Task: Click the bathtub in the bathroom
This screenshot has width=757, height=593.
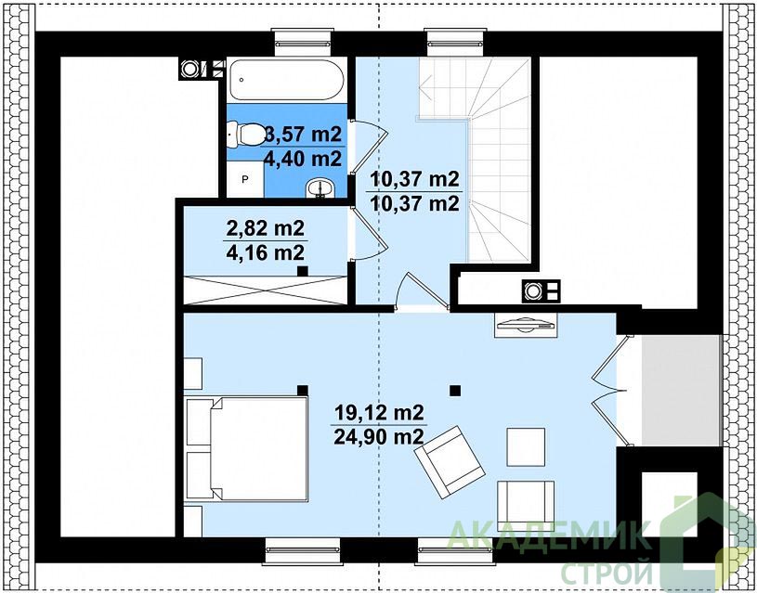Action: pyautogui.click(x=287, y=80)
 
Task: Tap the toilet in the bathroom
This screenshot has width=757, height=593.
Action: pyautogui.click(x=246, y=135)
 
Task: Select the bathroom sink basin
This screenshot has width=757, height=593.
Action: pyautogui.click(x=320, y=187)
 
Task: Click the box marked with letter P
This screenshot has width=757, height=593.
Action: pyautogui.click(x=245, y=179)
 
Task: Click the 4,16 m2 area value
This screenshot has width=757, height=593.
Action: pyautogui.click(x=265, y=251)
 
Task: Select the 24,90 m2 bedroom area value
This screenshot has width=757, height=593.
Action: pyautogui.click(x=379, y=437)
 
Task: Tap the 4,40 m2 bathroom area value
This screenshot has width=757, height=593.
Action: pyautogui.click(x=303, y=158)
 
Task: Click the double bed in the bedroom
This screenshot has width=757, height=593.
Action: pyautogui.click(x=247, y=449)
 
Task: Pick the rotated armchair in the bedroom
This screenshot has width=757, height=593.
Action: pyautogui.click(x=450, y=462)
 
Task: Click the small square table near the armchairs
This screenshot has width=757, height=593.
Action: pyautogui.click(x=526, y=446)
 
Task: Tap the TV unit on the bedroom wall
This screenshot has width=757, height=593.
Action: pyautogui.click(x=526, y=323)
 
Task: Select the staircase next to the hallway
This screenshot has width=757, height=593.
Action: pyautogui.click(x=483, y=160)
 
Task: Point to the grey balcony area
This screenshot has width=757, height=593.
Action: pyautogui.click(x=682, y=391)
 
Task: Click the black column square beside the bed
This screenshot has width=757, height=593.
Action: pyautogui.click(x=303, y=391)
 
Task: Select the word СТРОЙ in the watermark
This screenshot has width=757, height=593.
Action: pyautogui.click(x=606, y=573)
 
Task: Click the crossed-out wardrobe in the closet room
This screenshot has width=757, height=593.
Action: pyautogui.click(x=266, y=290)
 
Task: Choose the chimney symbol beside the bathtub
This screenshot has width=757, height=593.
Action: pyautogui.click(x=189, y=69)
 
